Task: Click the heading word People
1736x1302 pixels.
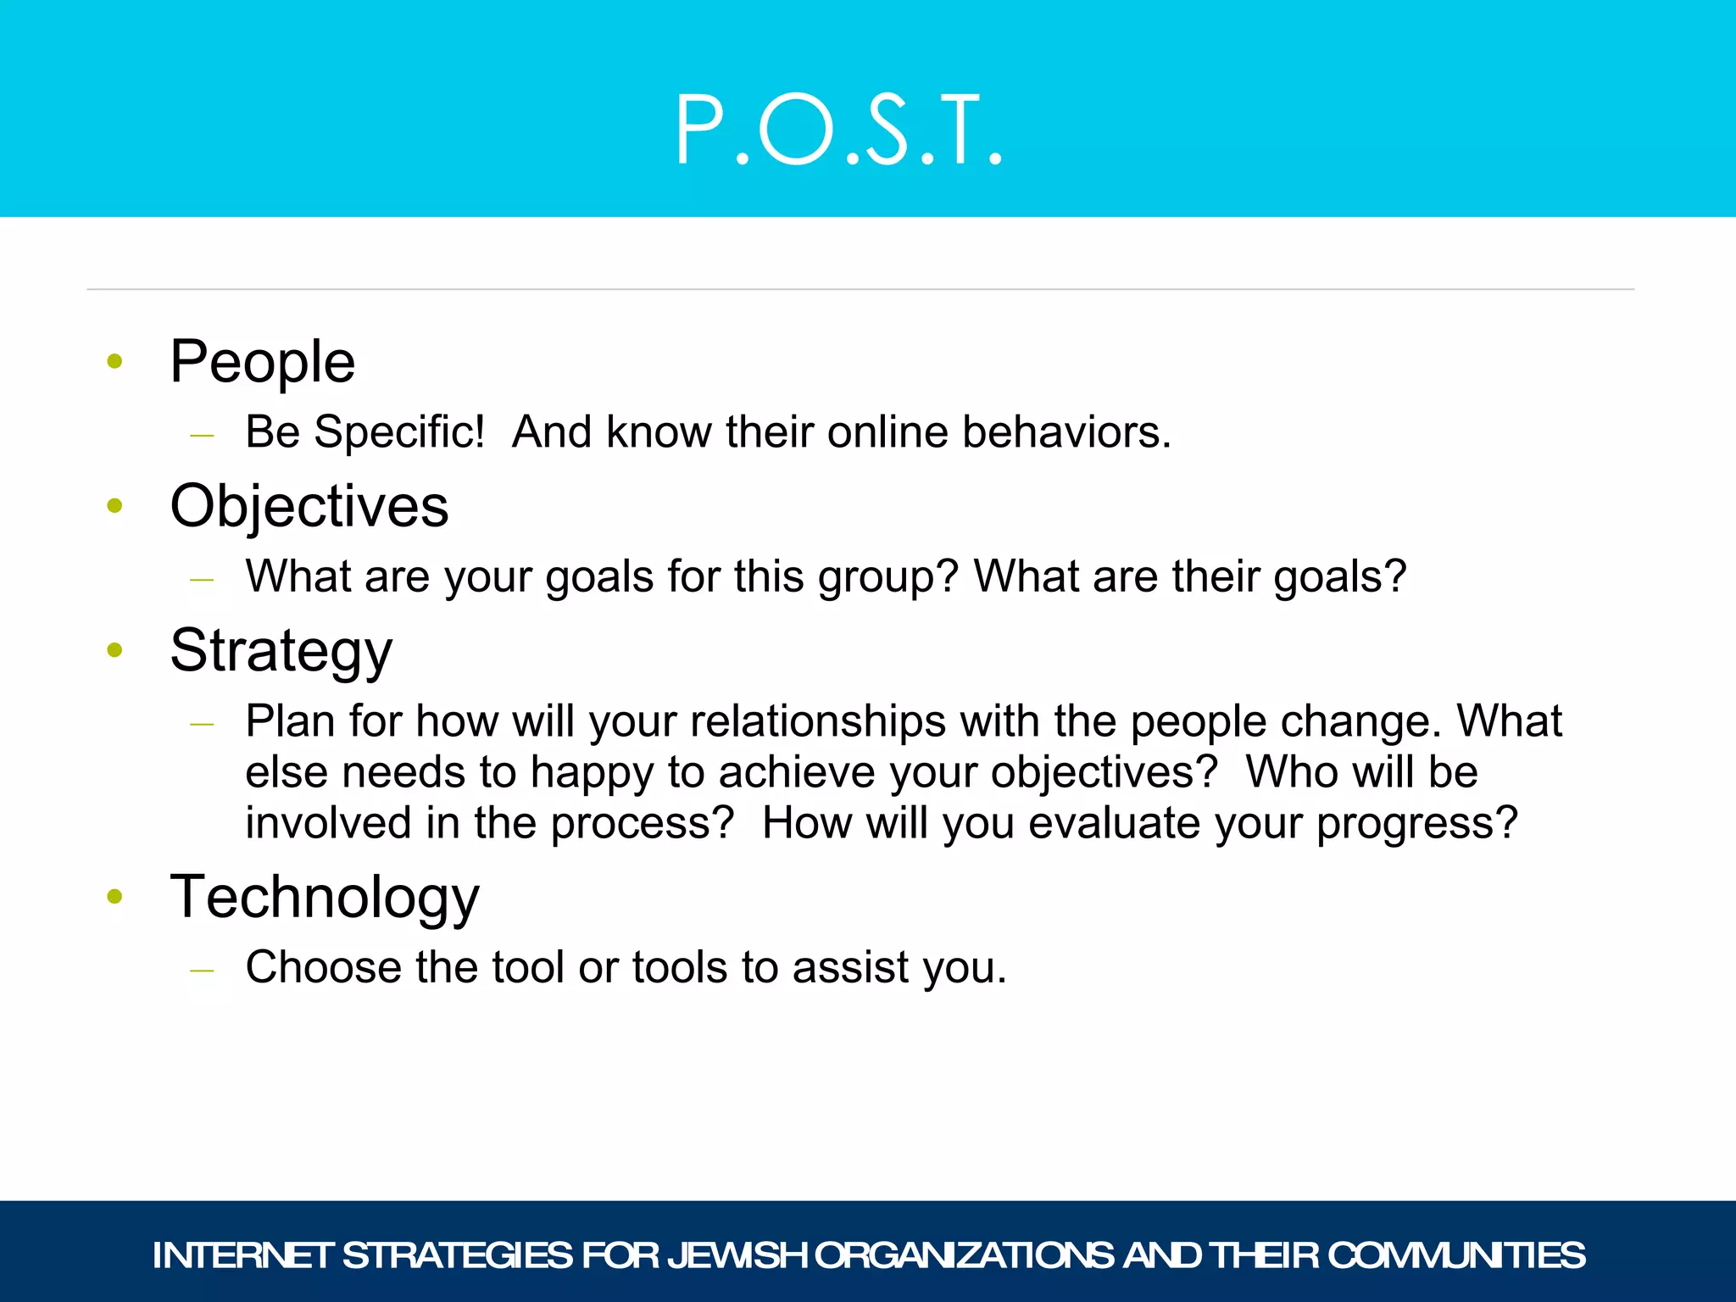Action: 262,363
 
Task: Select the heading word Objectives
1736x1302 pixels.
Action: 309,507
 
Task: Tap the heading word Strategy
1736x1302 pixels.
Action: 281,652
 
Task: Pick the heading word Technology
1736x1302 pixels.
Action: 325,898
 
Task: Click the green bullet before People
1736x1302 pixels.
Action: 115,362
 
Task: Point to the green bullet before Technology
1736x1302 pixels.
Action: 115,897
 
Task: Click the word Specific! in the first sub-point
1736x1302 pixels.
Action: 399,432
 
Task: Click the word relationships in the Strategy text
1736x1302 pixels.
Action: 818,721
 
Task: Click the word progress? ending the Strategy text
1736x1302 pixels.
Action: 1416,824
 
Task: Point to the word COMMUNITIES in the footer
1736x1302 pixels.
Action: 1455,1255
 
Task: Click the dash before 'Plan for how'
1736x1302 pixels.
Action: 202,725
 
